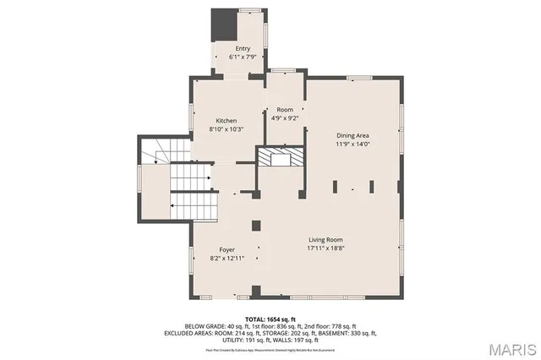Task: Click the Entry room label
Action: click(243, 49)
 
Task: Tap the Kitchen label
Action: click(226, 121)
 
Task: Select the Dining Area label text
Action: click(353, 135)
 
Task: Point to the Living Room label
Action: click(325, 240)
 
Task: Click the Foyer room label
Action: click(227, 250)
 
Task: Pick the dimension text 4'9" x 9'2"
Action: click(285, 118)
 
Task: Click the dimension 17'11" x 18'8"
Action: click(325, 248)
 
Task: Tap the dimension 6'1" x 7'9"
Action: click(243, 57)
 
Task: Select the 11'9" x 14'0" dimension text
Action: click(353, 144)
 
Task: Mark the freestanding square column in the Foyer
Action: click(256, 225)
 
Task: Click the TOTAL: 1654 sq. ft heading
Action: click(270, 318)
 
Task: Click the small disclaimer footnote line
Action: click(270, 348)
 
